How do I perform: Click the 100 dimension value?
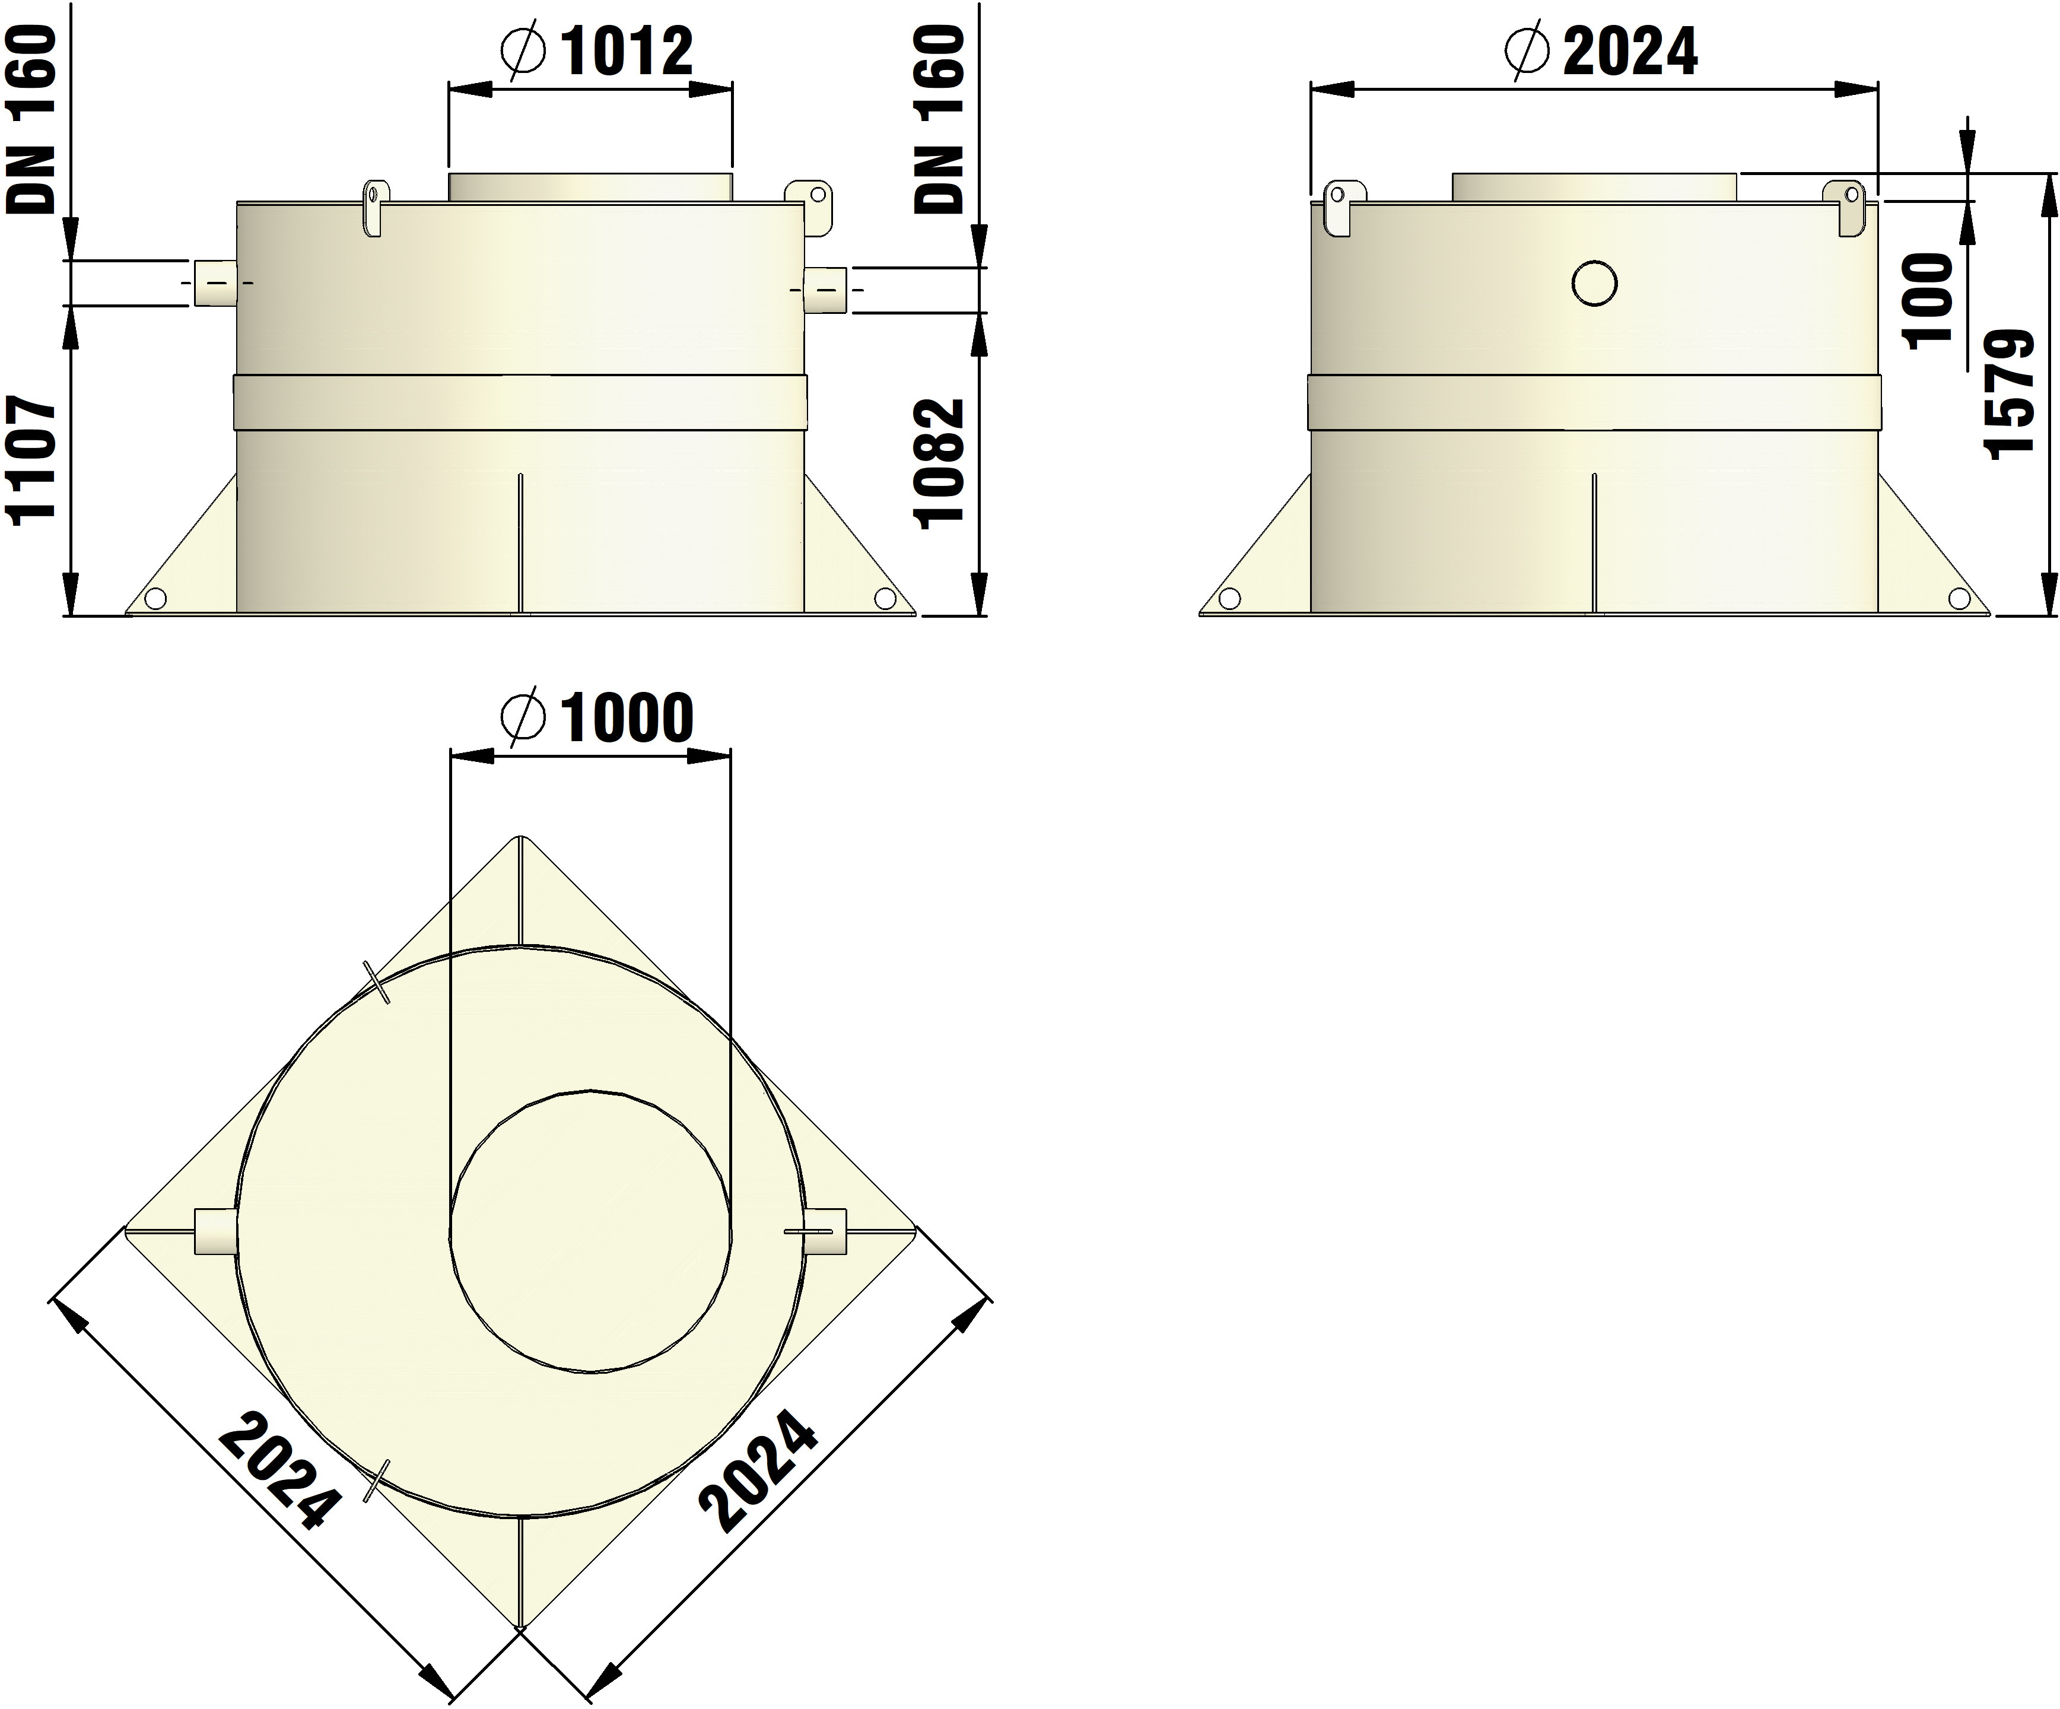tap(1928, 299)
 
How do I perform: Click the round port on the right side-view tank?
tap(1594, 284)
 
